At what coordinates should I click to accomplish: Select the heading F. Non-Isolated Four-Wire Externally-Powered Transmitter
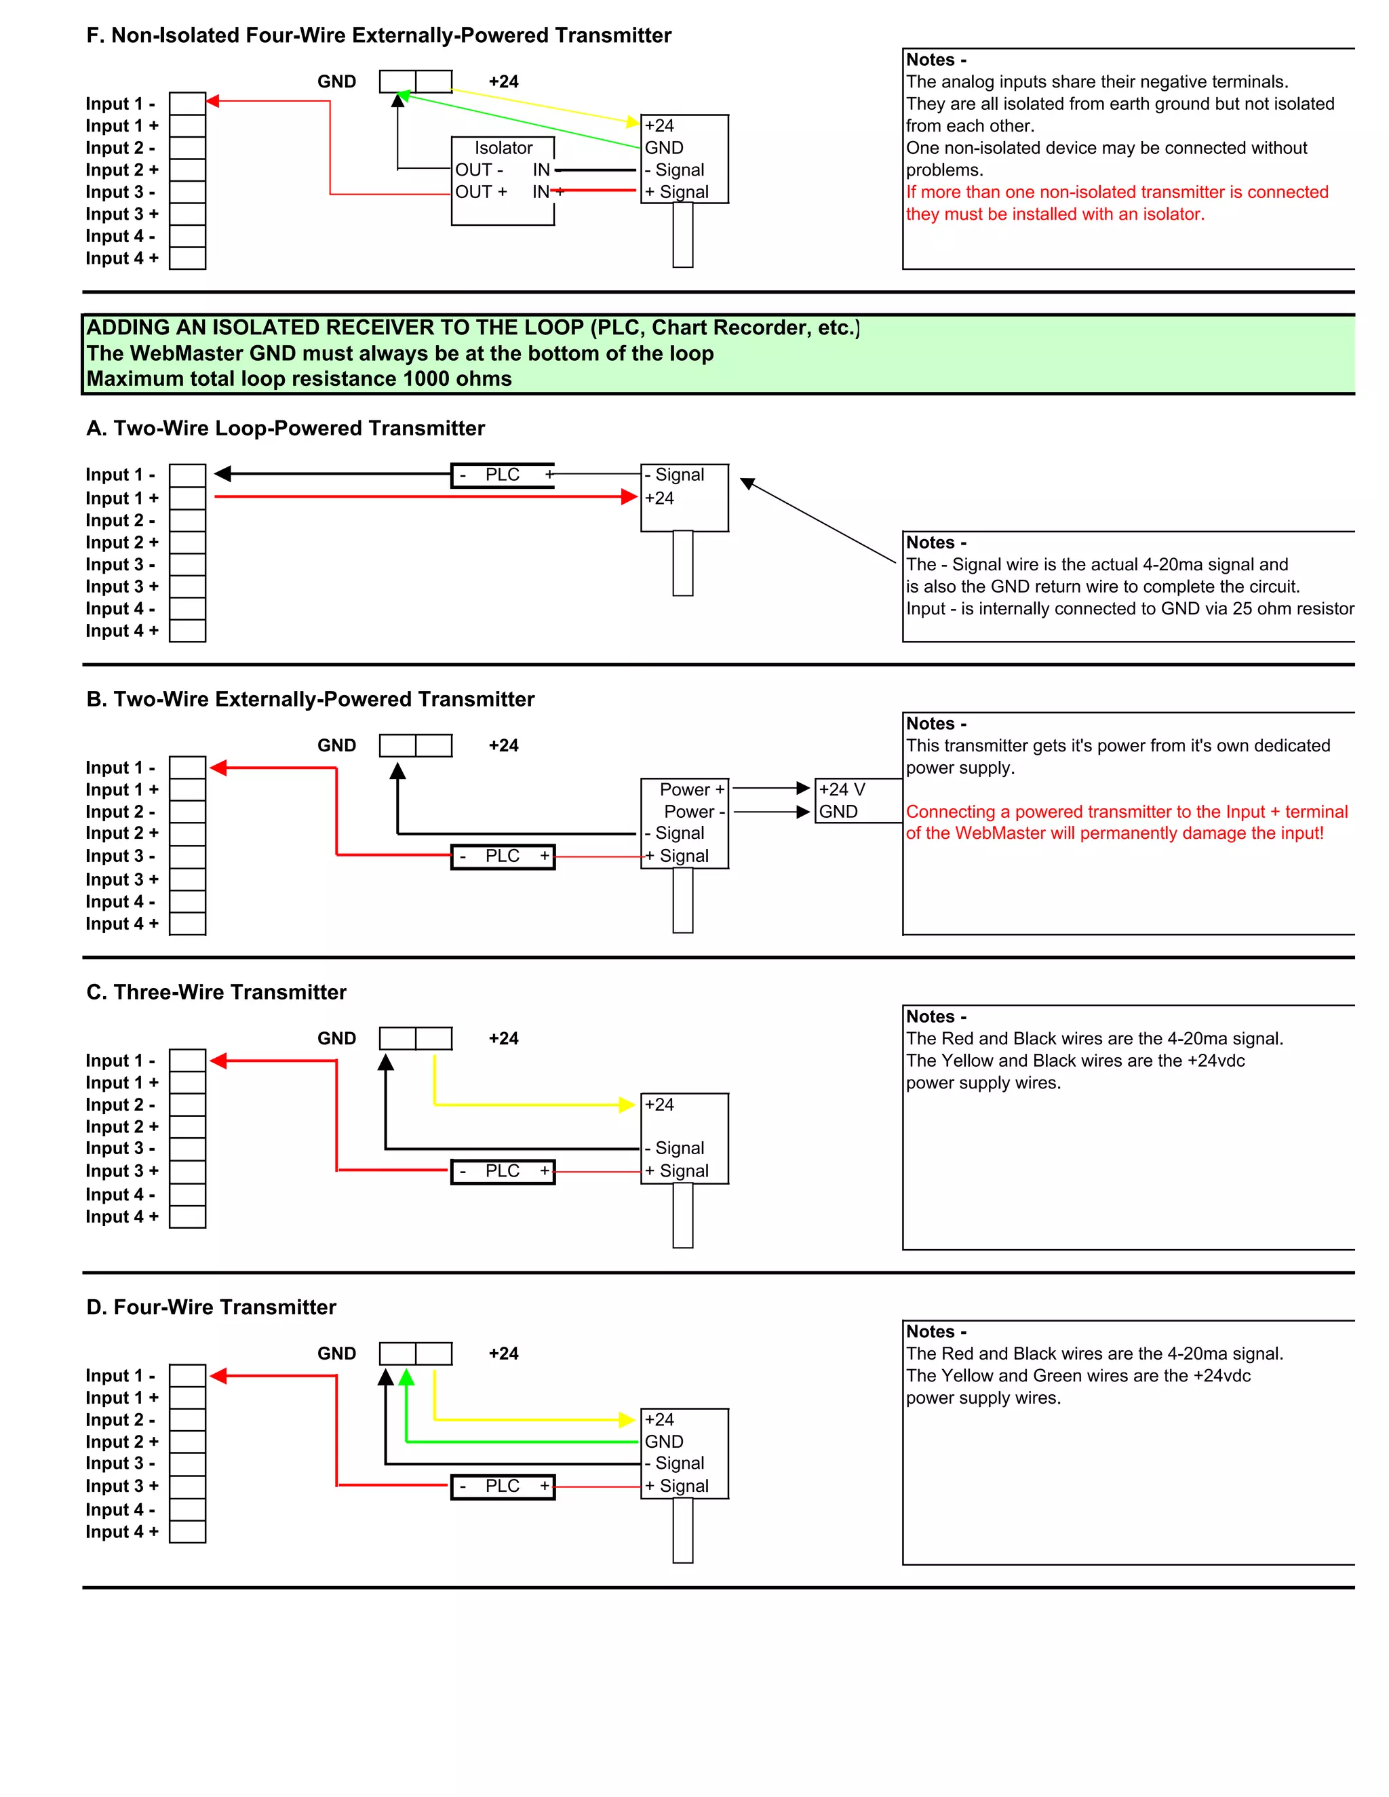click(x=378, y=35)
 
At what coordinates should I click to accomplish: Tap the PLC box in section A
click(x=503, y=475)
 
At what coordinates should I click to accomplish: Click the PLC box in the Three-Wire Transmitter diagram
click(x=503, y=1171)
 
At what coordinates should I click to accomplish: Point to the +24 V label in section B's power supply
click(x=842, y=790)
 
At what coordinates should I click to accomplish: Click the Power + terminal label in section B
click(x=691, y=790)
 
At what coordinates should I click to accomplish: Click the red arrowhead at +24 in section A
click(x=629, y=497)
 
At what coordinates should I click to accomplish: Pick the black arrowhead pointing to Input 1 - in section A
click(x=223, y=474)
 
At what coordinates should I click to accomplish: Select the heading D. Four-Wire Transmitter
click(x=212, y=1307)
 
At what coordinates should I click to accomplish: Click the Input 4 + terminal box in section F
click(x=188, y=258)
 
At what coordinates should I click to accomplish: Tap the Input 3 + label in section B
click(x=122, y=880)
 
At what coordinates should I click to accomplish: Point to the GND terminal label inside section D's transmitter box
click(x=664, y=1442)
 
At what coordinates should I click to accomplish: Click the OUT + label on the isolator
click(x=481, y=192)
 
